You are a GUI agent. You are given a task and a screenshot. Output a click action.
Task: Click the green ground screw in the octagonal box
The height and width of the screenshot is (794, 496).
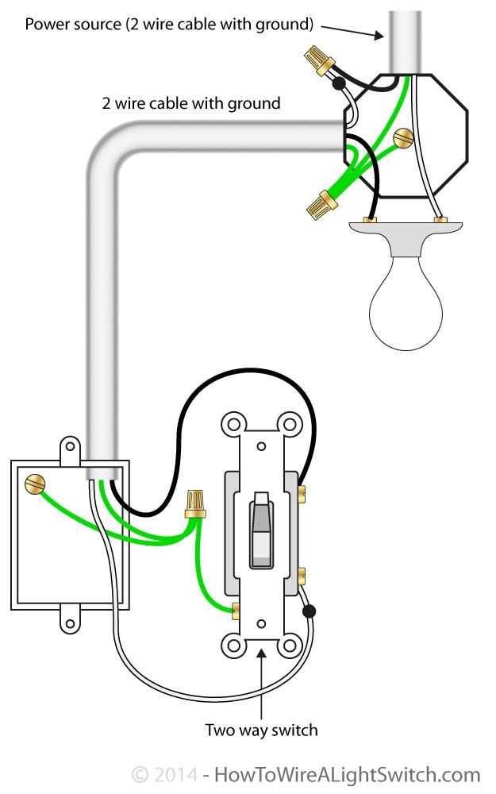[403, 137]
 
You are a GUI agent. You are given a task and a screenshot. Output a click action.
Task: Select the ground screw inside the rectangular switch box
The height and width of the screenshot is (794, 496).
[35, 484]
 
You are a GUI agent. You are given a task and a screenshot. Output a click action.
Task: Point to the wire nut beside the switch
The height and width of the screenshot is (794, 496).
[195, 503]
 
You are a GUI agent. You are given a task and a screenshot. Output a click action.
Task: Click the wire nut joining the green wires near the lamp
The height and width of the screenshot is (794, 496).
[321, 205]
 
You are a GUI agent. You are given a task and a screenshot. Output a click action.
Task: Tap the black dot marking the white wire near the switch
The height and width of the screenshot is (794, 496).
[309, 611]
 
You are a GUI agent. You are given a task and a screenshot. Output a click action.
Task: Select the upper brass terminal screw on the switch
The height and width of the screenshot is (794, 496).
[302, 494]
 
